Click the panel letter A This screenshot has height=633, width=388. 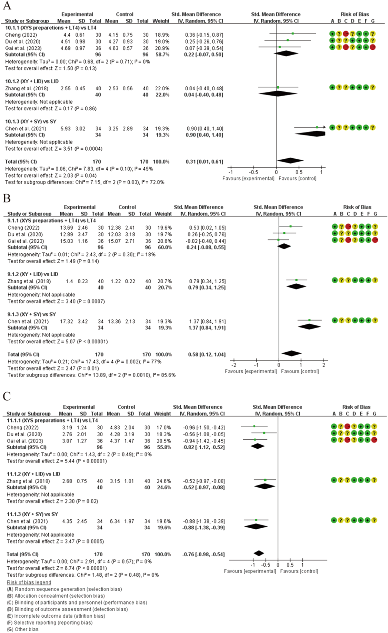(7, 5)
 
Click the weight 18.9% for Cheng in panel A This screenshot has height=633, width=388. (162, 35)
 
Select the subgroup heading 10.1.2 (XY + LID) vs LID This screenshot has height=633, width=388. (32, 81)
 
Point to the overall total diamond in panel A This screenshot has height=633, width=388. (290, 160)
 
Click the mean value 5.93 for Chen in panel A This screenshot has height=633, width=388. (65, 129)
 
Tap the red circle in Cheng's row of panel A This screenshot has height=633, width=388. (346, 34)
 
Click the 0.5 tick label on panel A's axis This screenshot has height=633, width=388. (299, 172)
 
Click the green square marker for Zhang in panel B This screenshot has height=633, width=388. (296, 280)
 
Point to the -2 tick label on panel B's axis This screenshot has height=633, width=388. (234, 365)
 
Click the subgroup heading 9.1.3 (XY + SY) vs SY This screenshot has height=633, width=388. (32, 314)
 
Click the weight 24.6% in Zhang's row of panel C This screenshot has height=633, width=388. (164, 481)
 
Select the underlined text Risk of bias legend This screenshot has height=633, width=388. (29, 582)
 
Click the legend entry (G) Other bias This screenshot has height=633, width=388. (23, 629)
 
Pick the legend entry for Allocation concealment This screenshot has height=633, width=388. (56, 595)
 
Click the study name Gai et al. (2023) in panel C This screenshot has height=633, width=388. (25, 441)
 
